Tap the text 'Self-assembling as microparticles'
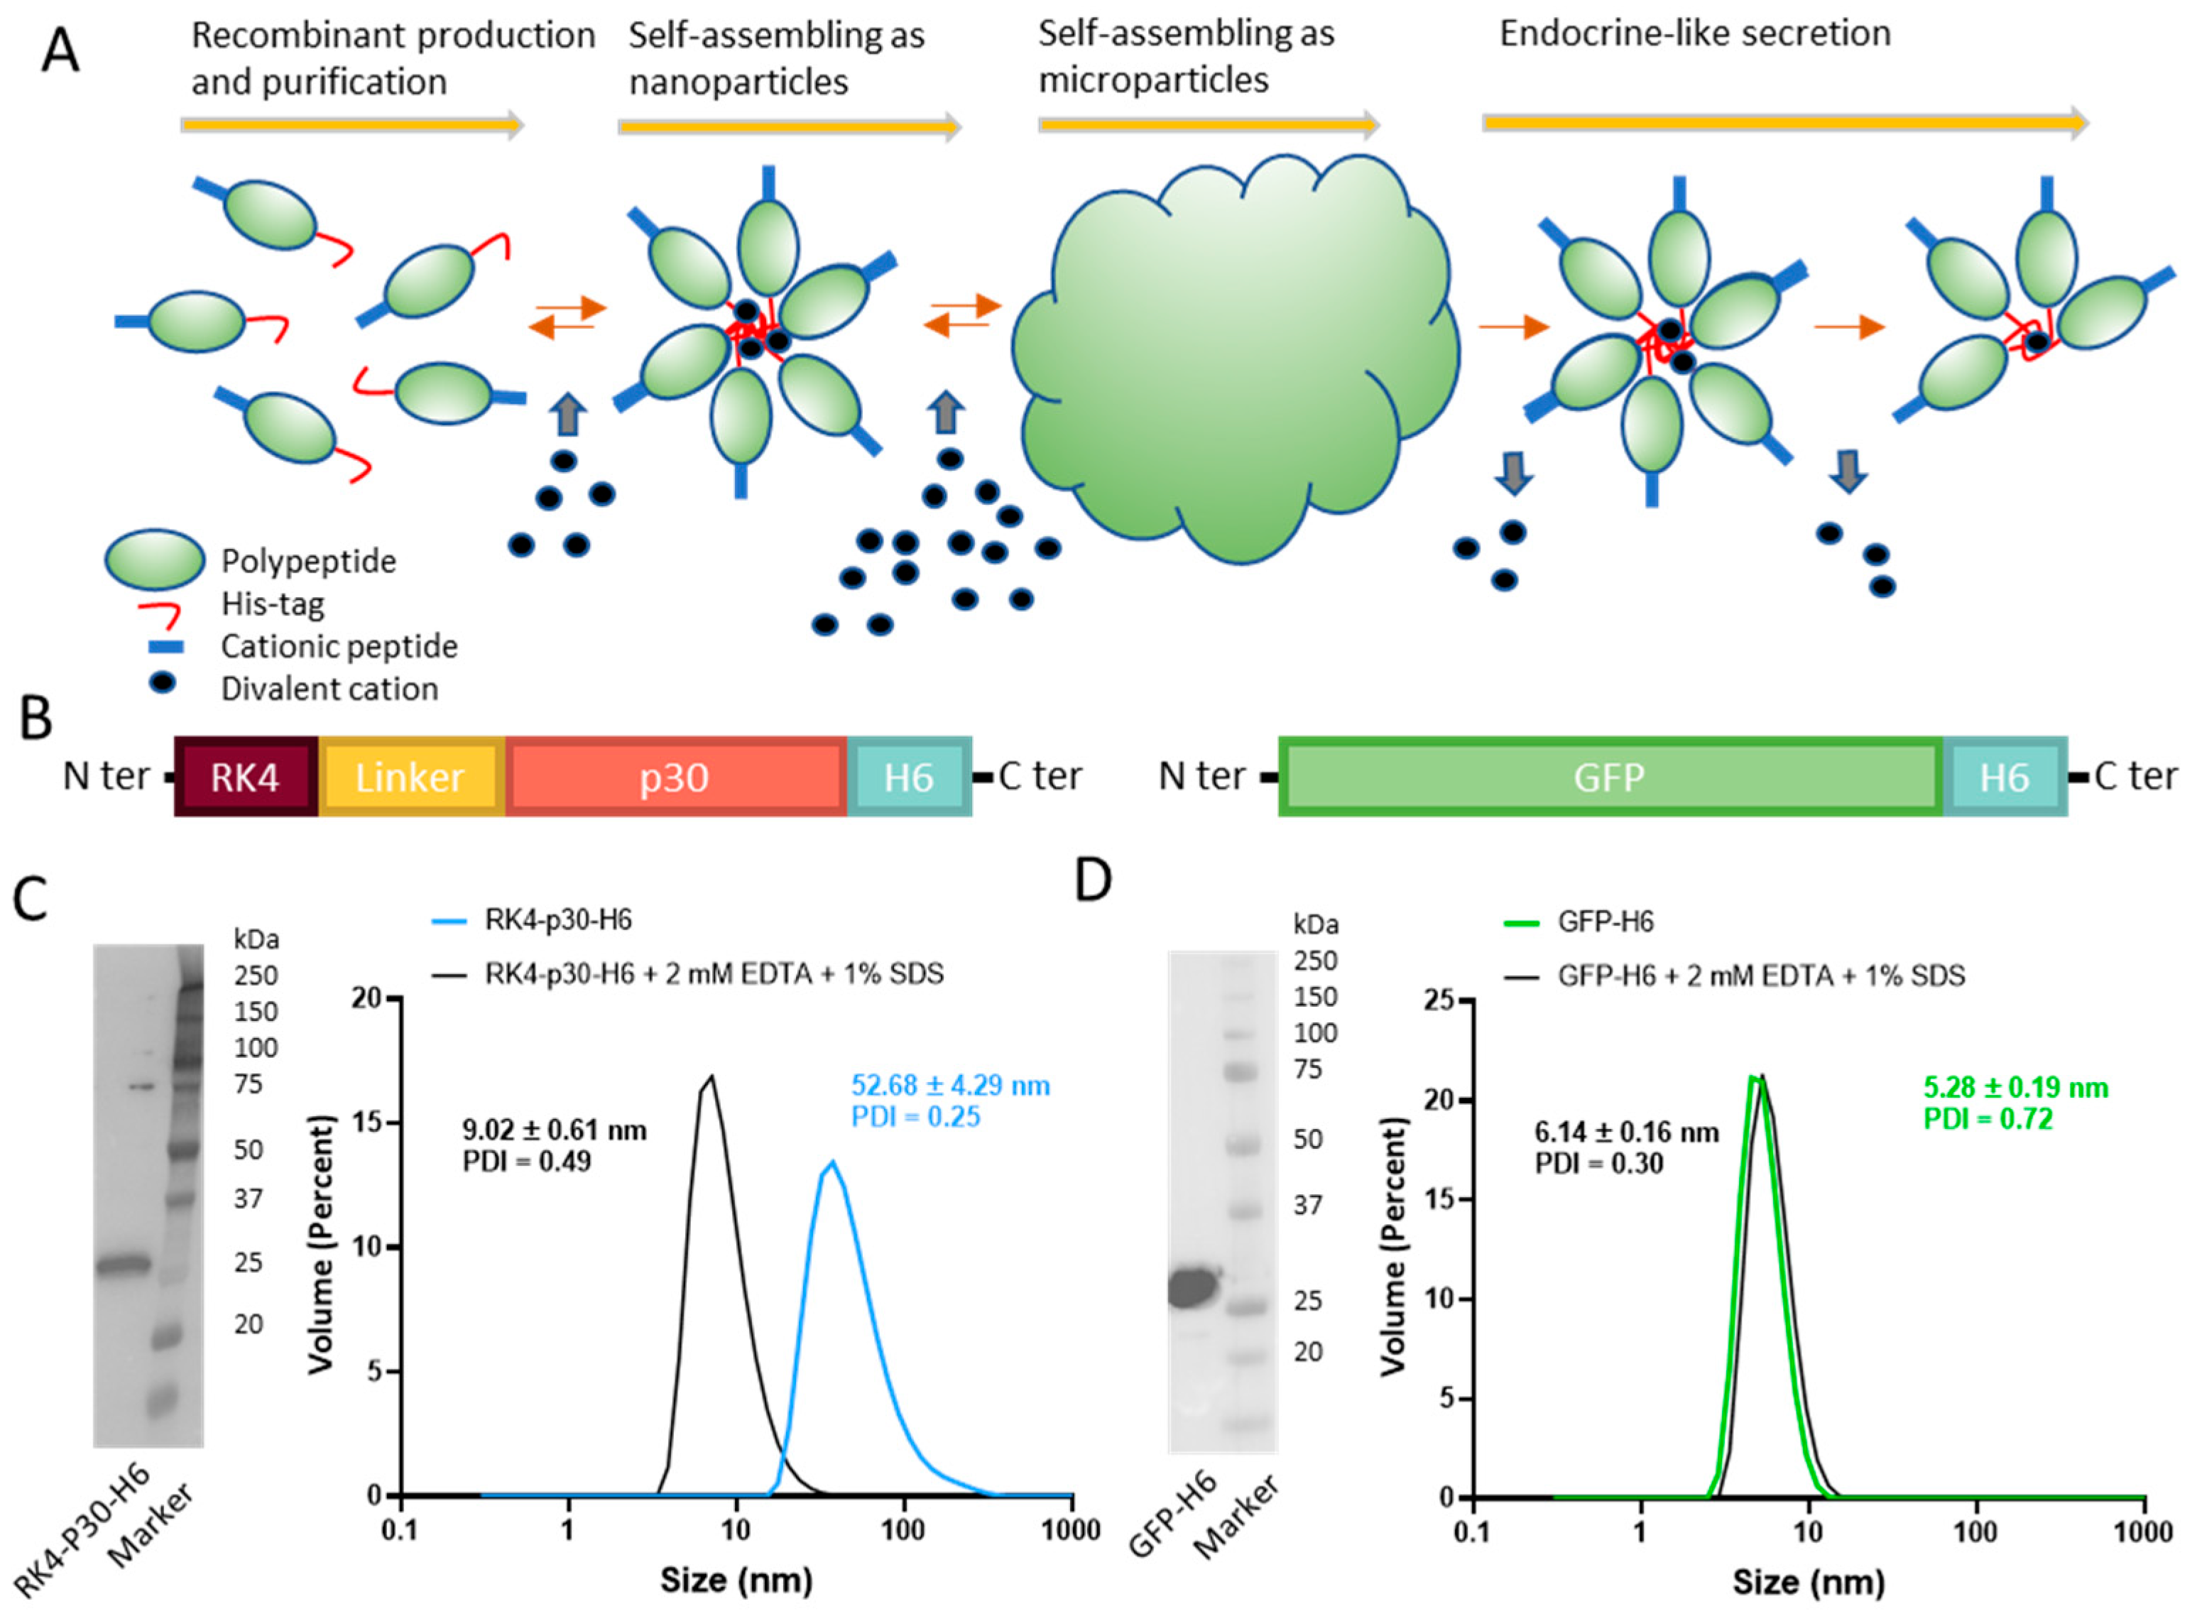pos(1185,56)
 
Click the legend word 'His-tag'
pos(272,604)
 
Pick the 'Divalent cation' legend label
pos(329,689)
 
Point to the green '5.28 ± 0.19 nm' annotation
pos(2015,1087)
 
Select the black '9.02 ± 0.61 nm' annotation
pos(555,1130)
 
